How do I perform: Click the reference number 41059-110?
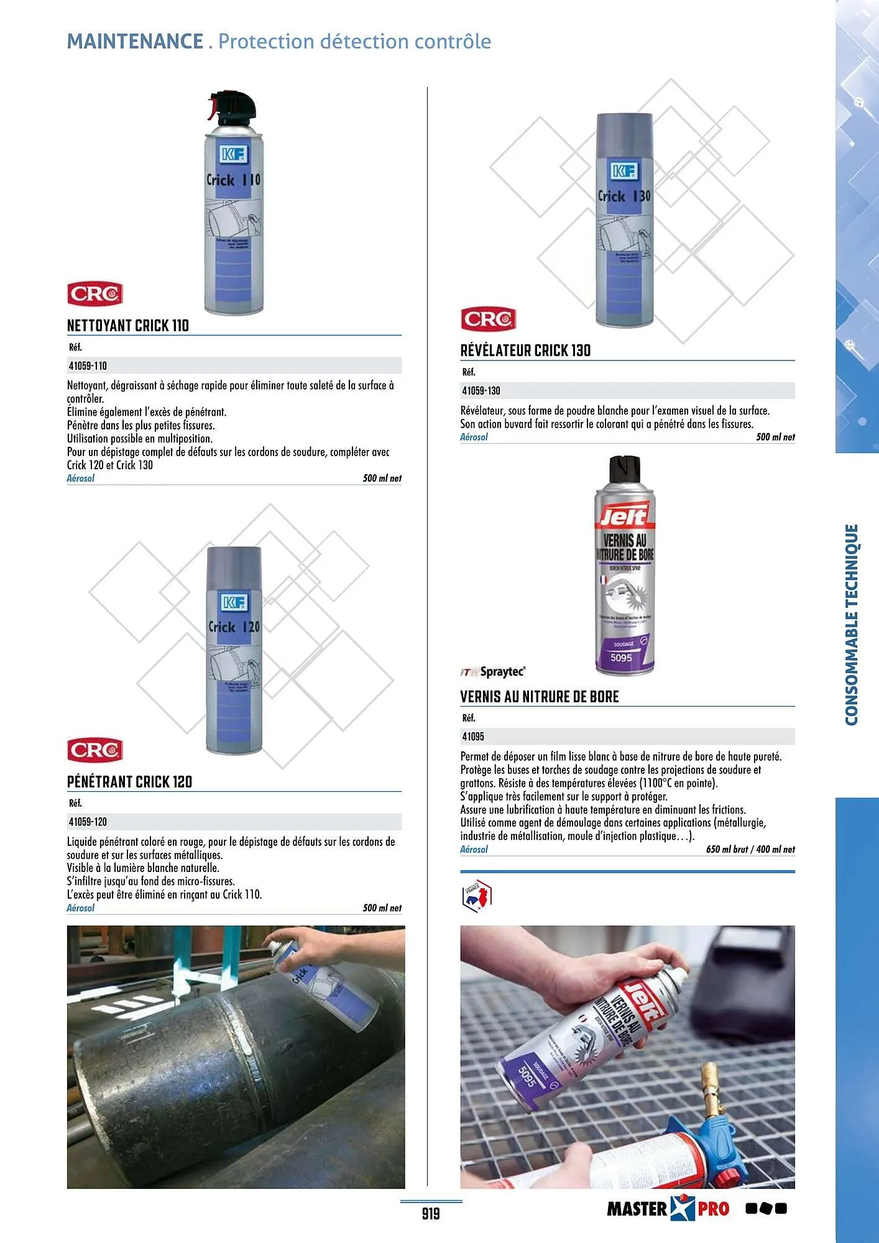[88, 366]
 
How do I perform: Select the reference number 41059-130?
[481, 391]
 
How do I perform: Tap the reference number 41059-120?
[88, 822]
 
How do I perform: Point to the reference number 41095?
[472, 736]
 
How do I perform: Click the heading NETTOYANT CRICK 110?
[128, 326]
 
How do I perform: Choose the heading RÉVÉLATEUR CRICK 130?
[525, 351]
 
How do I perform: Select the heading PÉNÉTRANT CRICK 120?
[129, 782]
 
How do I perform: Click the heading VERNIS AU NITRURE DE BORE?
[540, 697]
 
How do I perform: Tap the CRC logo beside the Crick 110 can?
[95, 294]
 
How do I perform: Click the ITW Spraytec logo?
[493, 672]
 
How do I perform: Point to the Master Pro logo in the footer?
[668, 1208]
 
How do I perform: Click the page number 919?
[431, 1213]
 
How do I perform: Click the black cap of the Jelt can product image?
[625, 470]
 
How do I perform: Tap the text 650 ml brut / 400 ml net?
[750, 849]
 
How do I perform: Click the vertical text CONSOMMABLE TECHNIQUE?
[852, 624]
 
